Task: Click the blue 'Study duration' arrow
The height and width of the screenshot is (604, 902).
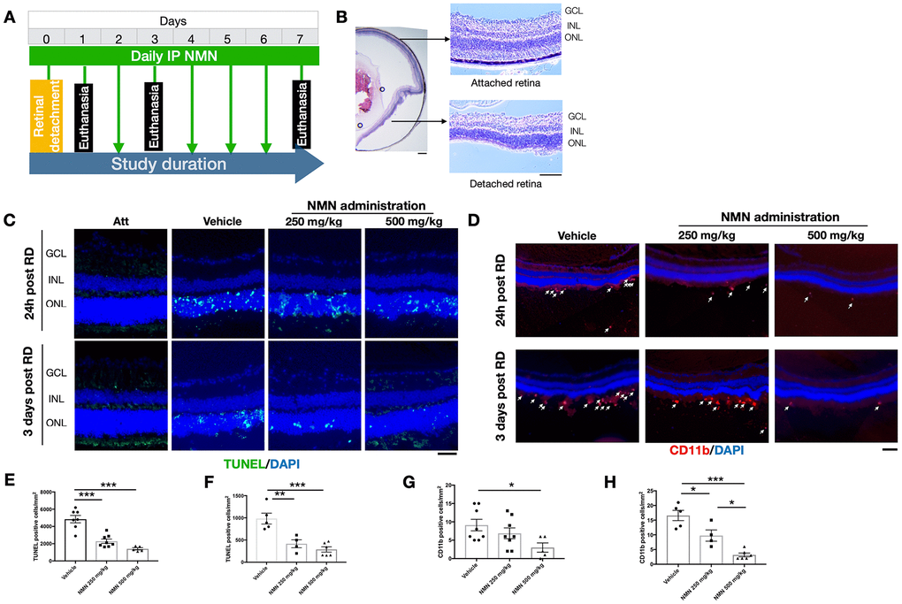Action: pos(168,164)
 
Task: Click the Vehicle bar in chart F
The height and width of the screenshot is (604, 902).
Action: pos(264,539)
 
